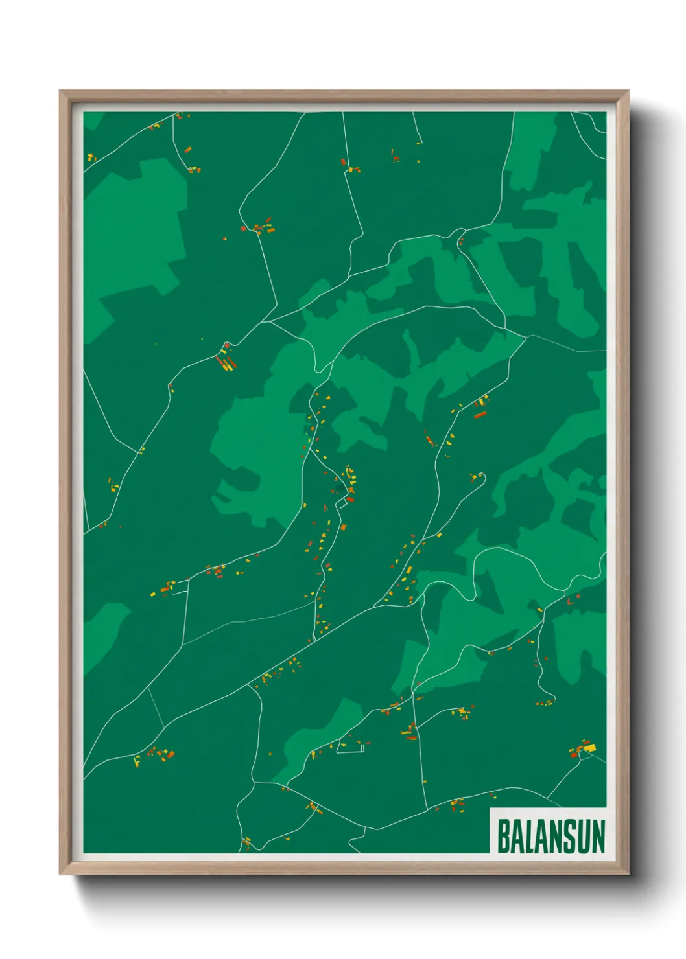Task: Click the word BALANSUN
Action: tap(551, 836)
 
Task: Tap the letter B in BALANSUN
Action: tap(504, 836)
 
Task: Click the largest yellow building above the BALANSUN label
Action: tap(589, 748)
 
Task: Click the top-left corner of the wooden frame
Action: tap(60, 91)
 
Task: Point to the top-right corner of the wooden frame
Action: tap(628, 91)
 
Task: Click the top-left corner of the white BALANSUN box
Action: tap(490, 809)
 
